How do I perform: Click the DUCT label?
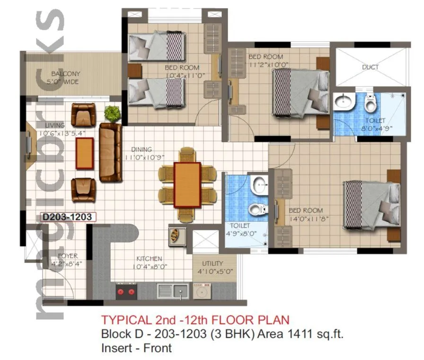coord(370,67)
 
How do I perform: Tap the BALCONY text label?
coord(66,74)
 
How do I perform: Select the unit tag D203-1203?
coord(69,217)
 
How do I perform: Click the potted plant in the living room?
coord(112,113)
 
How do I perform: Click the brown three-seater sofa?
coord(110,151)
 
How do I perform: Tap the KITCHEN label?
coord(150,258)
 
